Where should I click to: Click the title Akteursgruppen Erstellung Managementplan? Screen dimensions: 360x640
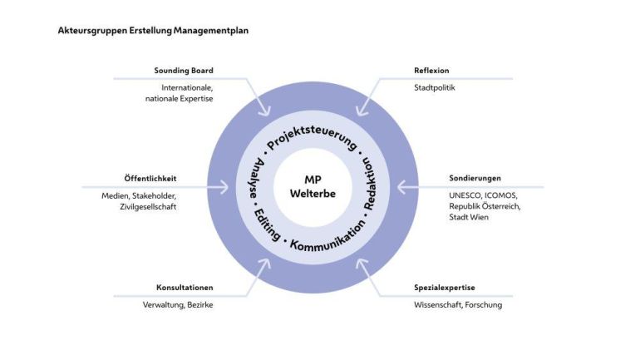(x=153, y=31)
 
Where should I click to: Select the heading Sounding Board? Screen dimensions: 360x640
(x=184, y=71)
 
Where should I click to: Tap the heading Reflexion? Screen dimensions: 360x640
(x=431, y=71)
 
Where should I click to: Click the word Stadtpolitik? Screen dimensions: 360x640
(x=435, y=86)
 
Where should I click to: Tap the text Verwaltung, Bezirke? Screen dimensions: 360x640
(x=178, y=304)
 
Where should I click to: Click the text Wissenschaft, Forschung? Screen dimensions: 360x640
(x=458, y=304)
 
